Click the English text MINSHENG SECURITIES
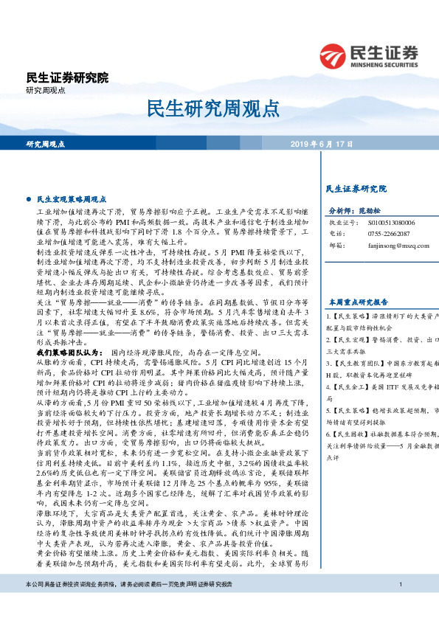[x=387, y=63]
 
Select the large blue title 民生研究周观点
[x=219, y=108]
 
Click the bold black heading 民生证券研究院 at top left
[x=67, y=77]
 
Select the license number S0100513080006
[x=393, y=221]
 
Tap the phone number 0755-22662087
[x=389, y=232]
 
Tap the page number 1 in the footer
[x=399, y=605]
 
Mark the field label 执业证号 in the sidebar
[x=341, y=221]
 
